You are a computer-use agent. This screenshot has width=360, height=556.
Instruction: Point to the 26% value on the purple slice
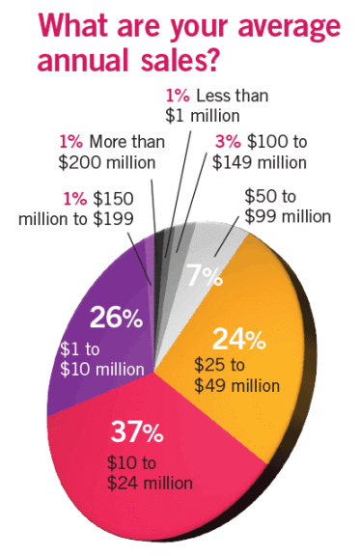[113, 319]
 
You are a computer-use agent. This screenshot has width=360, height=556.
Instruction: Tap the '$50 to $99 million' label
[287, 206]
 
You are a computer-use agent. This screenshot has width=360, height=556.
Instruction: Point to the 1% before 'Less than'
[178, 97]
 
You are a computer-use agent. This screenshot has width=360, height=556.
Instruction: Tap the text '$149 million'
[259, 161]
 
